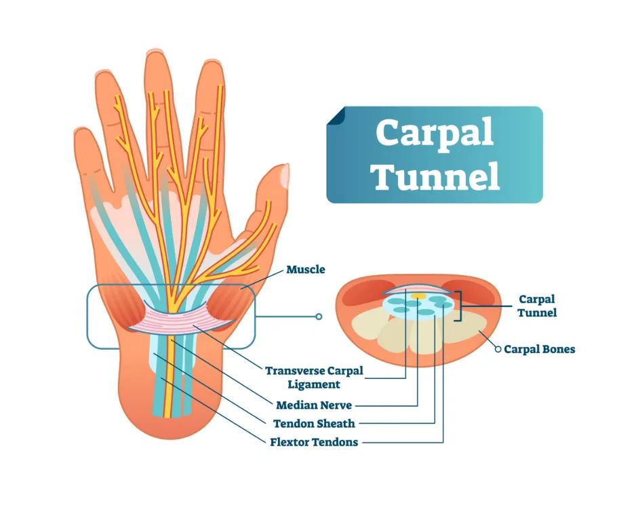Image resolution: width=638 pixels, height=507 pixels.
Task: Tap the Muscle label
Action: [x=306, y=269]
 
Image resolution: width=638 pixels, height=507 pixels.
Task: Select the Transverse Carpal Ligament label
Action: [x=314, y=378]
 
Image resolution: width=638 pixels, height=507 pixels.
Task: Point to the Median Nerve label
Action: [x=314, y=405]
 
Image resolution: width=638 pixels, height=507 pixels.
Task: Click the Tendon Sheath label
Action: [x=314, y=424]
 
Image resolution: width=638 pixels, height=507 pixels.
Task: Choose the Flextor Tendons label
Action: [x=314, y=442]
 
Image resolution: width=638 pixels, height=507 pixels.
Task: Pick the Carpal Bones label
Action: [x=540, y=349]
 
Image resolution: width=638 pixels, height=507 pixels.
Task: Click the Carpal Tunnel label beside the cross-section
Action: [x=537, y=306]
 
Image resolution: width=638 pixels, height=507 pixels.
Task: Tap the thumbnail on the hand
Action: [x=285, y=175]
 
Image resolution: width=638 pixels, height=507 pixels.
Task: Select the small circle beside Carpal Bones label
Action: [x=498, y=349]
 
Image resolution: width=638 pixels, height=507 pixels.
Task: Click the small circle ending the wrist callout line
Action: [x=319, y=317]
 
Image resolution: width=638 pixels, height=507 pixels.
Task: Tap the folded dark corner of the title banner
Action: [x=336, y=115]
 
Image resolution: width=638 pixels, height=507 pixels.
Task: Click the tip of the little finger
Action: [x=83, y=129]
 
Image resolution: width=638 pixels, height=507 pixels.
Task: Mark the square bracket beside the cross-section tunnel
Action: [x=460, y=306]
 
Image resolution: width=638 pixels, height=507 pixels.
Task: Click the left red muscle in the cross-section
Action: [x=365, y=291]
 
